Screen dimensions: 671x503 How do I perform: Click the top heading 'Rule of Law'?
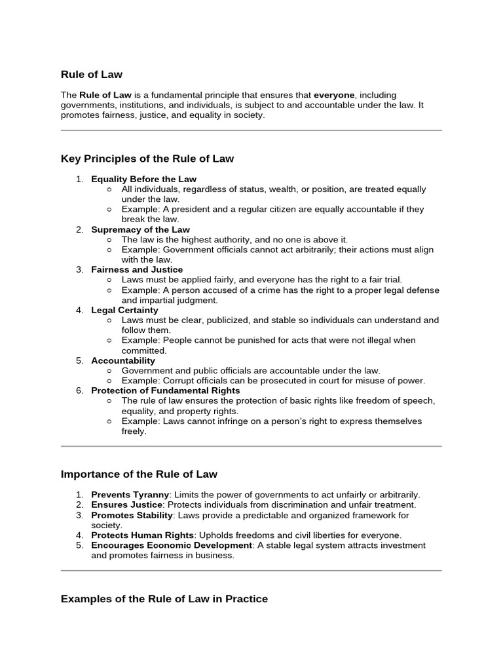tap(91, 75)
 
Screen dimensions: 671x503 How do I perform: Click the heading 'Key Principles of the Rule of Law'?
tap(147, 159)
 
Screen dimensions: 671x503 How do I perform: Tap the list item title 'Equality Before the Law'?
tap(143, 179)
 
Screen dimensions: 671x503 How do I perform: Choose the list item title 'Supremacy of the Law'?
tap(140, 229)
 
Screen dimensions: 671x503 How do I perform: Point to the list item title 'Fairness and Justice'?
tap(137, 269)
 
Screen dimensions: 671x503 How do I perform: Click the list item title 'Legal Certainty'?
tap(124, 310)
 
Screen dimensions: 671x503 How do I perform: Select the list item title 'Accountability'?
tap(123, 360)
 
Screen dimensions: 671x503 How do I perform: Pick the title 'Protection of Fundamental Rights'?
tap(165, 391)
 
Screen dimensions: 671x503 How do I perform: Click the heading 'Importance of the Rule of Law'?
tap(139, 474)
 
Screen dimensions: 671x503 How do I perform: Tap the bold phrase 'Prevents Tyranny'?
tap(130, 495)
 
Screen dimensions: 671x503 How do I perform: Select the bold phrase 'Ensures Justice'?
tap(126, 505)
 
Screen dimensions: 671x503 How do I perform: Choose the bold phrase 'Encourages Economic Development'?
tap(172, 545)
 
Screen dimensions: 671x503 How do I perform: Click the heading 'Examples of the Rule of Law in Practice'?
tap(164, 599)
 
